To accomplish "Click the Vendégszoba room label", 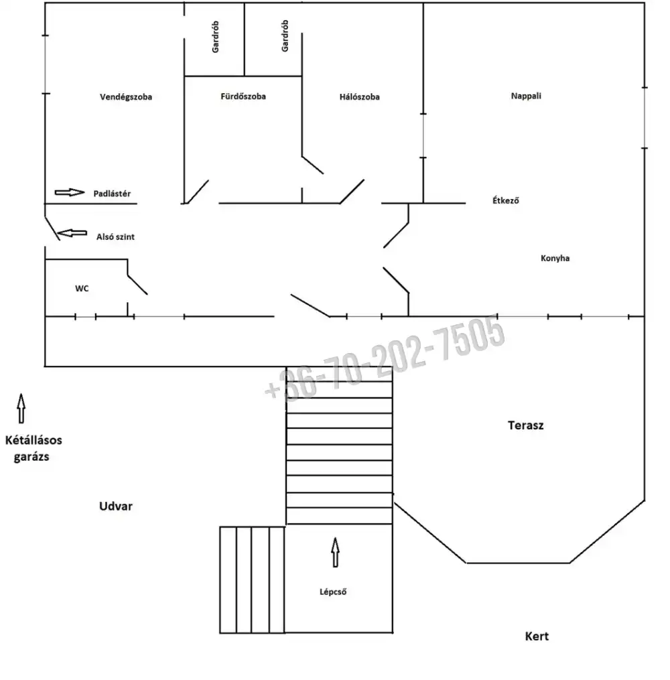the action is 126,96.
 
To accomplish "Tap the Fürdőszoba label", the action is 243,96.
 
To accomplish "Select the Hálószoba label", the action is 360,96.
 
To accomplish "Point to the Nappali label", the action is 526,96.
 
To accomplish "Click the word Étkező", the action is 506,200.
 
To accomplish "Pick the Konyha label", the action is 555,258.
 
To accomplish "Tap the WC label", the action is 82,288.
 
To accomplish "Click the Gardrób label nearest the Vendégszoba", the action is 216,37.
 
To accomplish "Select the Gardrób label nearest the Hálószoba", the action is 285,36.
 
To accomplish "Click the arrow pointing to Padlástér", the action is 70,192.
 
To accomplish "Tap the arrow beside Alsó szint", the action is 72,233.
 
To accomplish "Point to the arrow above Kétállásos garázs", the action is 21,408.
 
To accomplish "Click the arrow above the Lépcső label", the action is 335,552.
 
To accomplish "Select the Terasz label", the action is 525,425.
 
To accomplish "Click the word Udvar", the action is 116,506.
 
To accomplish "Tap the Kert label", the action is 537,636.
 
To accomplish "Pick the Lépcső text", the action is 333,592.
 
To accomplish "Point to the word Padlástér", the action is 112,194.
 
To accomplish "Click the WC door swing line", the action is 137,285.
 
